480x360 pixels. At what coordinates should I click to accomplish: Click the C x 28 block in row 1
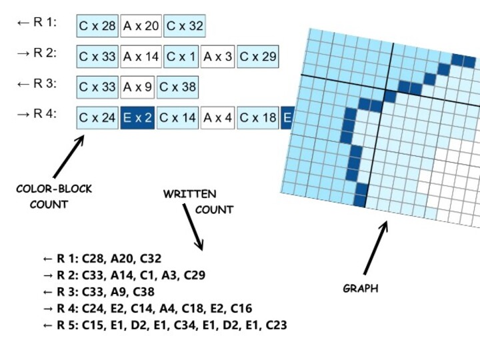coord(97,26)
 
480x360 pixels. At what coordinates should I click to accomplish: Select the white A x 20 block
coord(141,26)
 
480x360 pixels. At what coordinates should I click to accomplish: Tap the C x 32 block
coord(185,26)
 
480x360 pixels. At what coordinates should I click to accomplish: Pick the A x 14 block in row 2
coord(141,57)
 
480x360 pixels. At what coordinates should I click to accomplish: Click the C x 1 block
coord(181,57)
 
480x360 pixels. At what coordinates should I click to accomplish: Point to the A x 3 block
coord(218,57)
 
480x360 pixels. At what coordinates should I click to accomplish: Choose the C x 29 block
coord(257,57)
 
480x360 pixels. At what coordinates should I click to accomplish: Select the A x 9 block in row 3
coord(137,87)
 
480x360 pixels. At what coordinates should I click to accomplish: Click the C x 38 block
coord(177,87)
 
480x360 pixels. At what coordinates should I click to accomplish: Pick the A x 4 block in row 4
coord(218,118)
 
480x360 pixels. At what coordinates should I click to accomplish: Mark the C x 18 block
coord(257,118)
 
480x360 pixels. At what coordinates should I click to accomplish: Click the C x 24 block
coord(97,118)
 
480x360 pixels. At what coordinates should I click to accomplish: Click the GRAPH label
coord(360,289)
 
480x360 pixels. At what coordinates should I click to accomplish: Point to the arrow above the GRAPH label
coord(375,247)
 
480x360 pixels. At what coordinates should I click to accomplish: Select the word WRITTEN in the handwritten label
coord(190,194)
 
